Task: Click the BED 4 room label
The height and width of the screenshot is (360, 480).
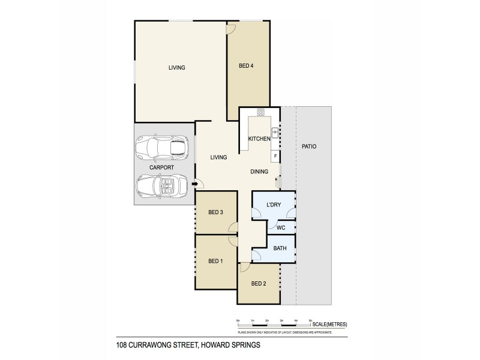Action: point(246,66)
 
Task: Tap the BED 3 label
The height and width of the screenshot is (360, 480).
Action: point(216,212)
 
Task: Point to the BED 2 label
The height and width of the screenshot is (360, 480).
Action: point(259,284)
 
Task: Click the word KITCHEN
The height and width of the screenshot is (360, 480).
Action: point(259,139)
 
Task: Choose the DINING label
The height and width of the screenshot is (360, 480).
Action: point(259,172)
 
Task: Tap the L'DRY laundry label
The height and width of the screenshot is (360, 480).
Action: point(273,205)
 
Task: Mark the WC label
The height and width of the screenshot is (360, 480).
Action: point(280,229)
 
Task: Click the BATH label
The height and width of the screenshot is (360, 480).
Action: point(280,248)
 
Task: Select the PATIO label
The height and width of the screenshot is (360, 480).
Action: point(309,146)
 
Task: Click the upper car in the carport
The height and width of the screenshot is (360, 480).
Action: point(161,146)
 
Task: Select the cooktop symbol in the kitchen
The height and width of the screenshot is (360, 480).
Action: point(261,112)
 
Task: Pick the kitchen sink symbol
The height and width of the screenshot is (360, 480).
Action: point(275,130)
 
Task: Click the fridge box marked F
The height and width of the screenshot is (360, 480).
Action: point(275,156)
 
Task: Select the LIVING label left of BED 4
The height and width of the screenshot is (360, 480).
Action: point(176,68)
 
